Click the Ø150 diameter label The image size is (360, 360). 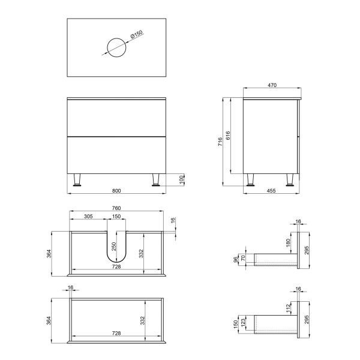[x=137, y=34]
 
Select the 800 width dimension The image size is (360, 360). [x=116, y=191]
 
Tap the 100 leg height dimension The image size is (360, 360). [x=181, y=179]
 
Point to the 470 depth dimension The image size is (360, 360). [x=272, y=85]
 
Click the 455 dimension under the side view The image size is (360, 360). [x=271, y=191]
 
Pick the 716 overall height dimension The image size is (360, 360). [x=220, y=142]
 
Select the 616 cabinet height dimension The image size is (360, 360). [x=227, y=136]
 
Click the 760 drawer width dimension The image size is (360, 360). [x=116, y=208]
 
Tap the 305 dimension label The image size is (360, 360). [x=88, y=216]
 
